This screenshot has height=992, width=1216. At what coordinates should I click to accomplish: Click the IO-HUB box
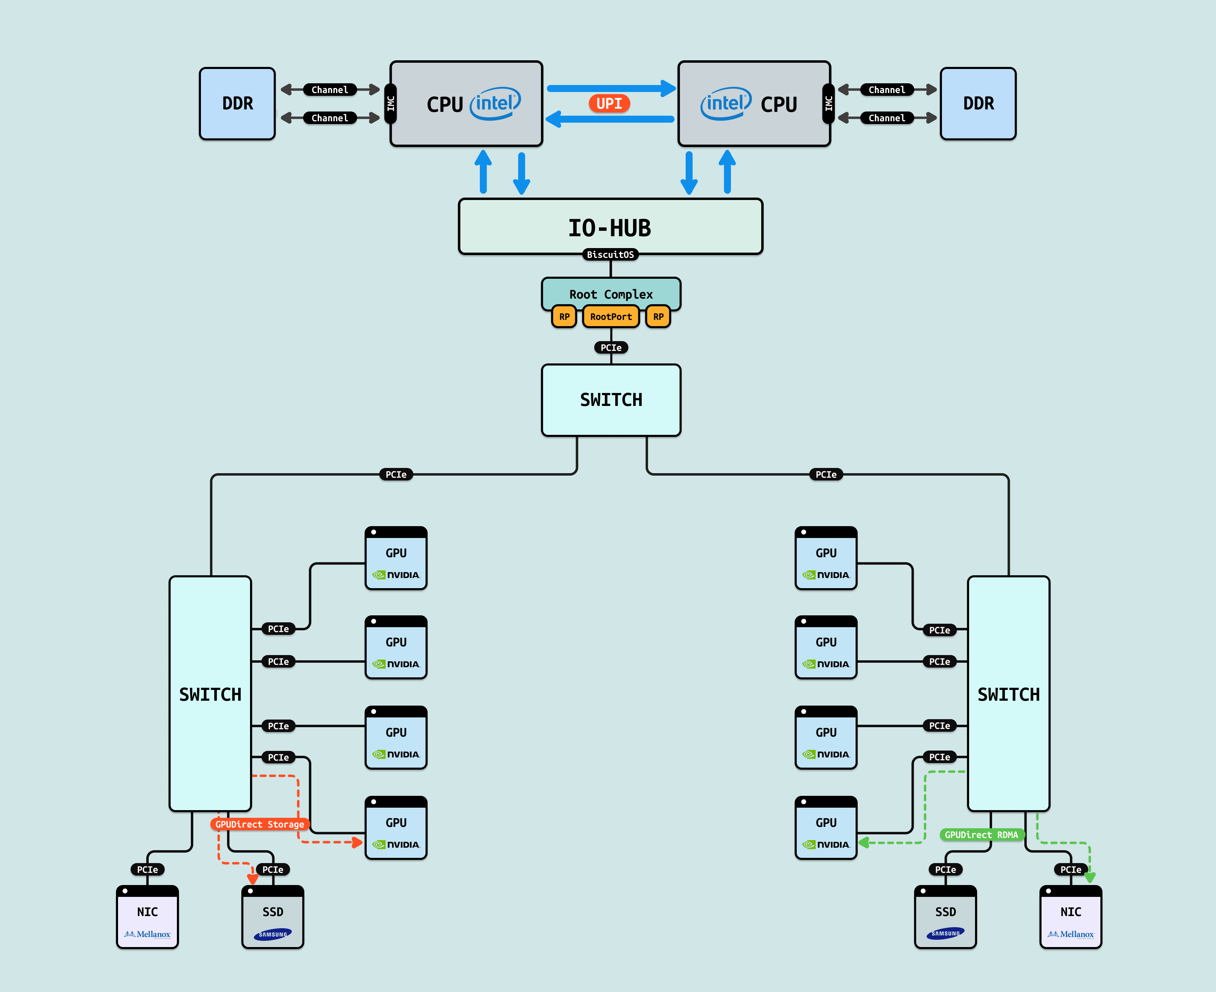[x=610, y=227]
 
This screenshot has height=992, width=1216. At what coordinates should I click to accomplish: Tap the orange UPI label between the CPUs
[x=609, y=103]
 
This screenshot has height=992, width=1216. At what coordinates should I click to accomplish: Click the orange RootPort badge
[x=610, y=317]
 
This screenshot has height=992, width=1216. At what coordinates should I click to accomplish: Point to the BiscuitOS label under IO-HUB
[x=610, y=255]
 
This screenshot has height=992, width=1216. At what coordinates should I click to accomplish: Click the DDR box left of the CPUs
[x=237, y=103]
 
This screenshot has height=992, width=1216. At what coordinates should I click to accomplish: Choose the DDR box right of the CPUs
[x=978, y=103]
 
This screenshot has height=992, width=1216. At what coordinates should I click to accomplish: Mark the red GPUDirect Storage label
[x=260, y=824]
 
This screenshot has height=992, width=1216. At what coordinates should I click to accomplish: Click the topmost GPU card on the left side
[x=396, y=558]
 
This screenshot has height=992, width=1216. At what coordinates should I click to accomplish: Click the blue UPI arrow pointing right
[x=610, y=88]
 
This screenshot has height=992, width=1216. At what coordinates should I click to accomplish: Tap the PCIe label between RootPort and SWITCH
[x=610, y=347]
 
